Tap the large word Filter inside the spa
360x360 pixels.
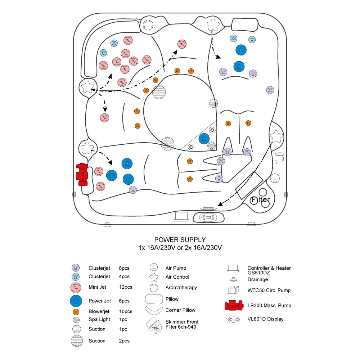pos(260,200)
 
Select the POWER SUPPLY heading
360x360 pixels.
pos(180,240)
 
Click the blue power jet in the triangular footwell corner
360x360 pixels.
pos(204,138)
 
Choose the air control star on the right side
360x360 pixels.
pos(276,136)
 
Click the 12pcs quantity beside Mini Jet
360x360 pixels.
pos(126,287)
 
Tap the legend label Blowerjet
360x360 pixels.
pos(99,311)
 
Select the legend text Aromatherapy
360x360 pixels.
pos(181,288)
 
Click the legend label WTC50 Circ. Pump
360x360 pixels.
pos(269,291)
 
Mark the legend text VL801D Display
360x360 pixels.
pos(265,319)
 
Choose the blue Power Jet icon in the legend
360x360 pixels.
pos(76,301)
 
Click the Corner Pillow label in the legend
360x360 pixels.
pos(180,310)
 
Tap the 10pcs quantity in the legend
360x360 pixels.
pos(126,311)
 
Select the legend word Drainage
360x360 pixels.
pos(258,280)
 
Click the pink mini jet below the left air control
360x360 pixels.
pos(104,117)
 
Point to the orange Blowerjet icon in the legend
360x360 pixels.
pos(76,311)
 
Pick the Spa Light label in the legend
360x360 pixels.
pos(100,319)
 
